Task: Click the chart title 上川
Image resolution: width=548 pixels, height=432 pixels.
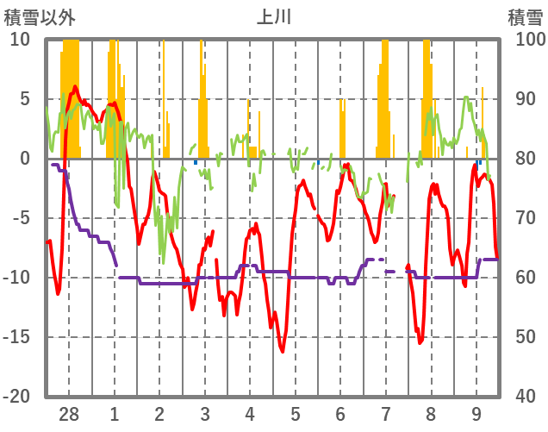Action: click(273, 17)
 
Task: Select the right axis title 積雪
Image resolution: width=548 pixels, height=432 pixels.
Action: click(525, 17)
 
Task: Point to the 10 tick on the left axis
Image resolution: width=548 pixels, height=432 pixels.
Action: click(21, 40)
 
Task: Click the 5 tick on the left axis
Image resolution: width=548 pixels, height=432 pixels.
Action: click(25, 99)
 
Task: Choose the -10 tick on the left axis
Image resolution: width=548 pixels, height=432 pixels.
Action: click(17, 277)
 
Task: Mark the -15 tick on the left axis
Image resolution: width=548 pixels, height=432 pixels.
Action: click(17, 336)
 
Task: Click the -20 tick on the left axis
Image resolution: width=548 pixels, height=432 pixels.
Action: click(17, 396)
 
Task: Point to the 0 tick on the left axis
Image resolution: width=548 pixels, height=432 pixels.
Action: click(25, 159)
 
